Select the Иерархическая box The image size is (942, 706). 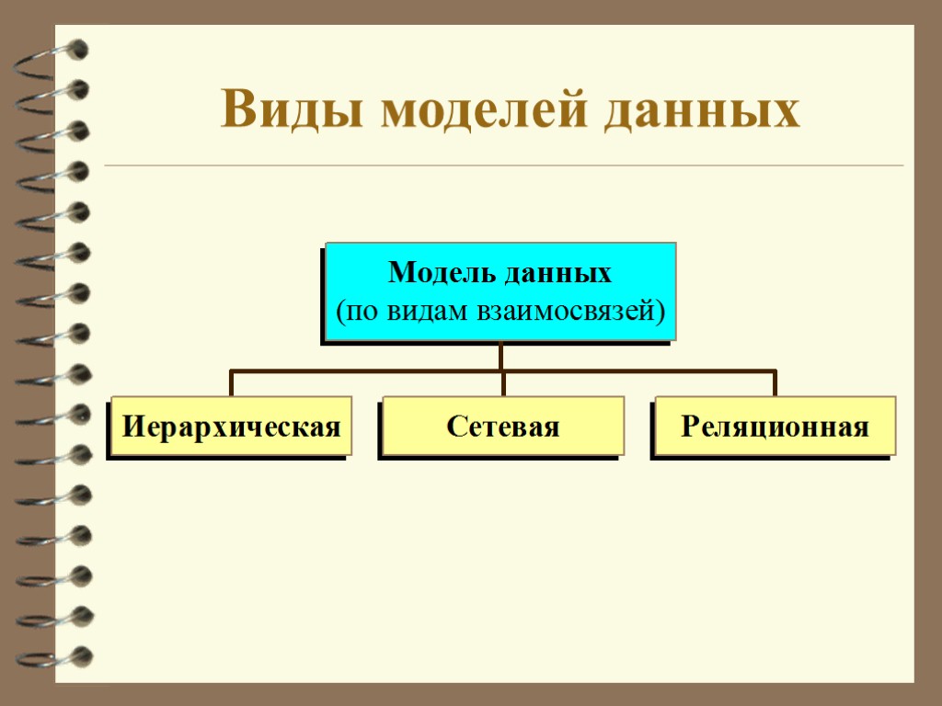coord(231,427)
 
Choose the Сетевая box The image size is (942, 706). coord(502,427)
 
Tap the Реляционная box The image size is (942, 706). coord(775,427)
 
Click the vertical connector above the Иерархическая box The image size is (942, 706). coord(231,383)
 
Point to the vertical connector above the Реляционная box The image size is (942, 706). coord(775,383)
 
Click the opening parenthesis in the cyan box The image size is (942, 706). coord(338,311)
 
